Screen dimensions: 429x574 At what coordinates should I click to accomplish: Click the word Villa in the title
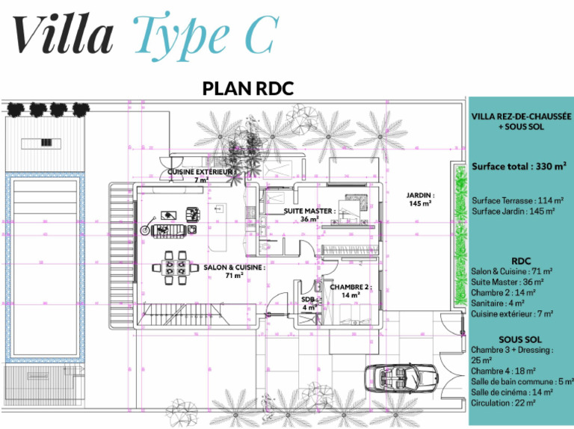tap(64, 33)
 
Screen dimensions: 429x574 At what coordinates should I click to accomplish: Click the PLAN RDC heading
tap(248, 88)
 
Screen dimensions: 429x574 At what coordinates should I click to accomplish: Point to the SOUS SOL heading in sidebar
tap(520, 339)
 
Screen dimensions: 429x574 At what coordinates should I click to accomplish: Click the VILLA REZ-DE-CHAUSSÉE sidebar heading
tap(521, 117)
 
